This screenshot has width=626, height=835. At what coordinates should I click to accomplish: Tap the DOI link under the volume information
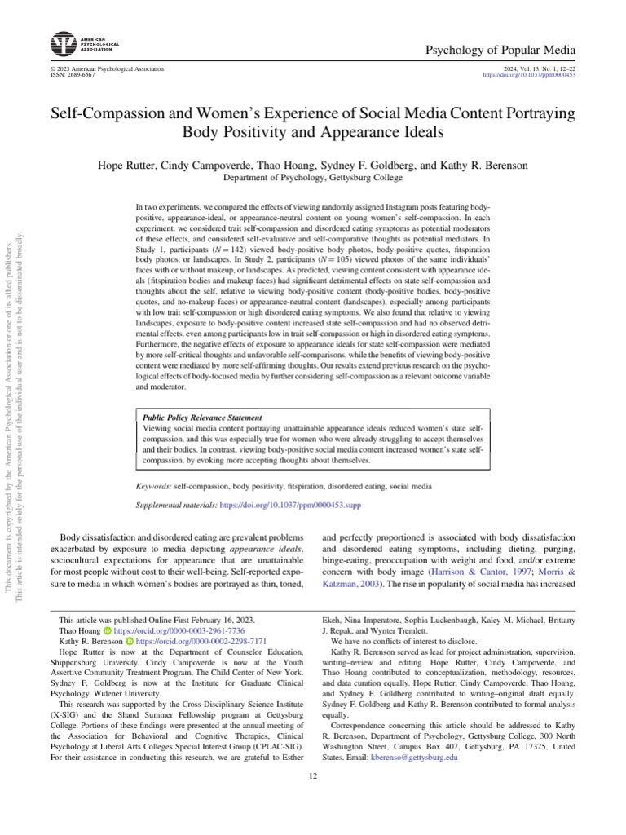(530, 74)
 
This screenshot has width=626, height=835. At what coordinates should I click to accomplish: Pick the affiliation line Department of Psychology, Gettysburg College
(312, 177)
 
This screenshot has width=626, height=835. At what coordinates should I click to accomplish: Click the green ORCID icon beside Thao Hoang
(107, 631)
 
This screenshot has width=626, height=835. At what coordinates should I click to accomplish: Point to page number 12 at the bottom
(312, 775)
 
